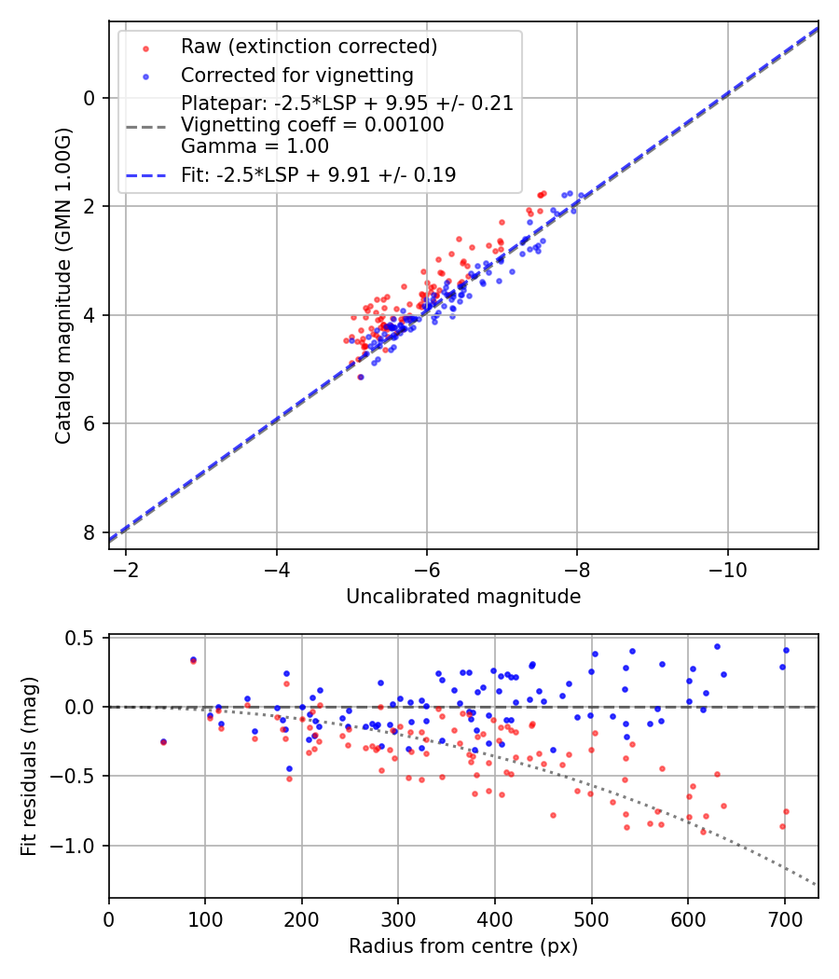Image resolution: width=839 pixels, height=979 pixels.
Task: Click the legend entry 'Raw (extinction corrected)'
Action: click(309, 47)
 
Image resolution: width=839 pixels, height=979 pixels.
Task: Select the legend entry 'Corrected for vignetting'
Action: click(296, 76)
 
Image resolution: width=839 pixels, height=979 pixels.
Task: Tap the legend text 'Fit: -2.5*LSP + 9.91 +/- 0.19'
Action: click(318, 174)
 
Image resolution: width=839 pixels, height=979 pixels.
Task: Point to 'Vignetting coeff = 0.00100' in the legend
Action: click(311, 125)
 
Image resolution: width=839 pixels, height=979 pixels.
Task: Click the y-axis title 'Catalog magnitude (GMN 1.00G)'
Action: click(62, 284)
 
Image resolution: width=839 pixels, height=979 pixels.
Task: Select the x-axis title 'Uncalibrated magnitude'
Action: click(463, 597)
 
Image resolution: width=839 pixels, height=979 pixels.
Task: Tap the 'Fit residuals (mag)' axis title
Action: click(29, 766)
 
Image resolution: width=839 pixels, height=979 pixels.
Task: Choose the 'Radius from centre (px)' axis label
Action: click(463, 946)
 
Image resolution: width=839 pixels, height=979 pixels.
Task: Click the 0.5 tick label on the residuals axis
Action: click(85, 638)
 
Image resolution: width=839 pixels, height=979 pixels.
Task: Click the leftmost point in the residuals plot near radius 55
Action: click(163, 742)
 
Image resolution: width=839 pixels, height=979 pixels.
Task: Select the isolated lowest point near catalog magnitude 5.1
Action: click(361, 377)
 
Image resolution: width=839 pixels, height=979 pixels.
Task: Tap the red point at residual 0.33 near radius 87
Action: click(193, 660)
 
